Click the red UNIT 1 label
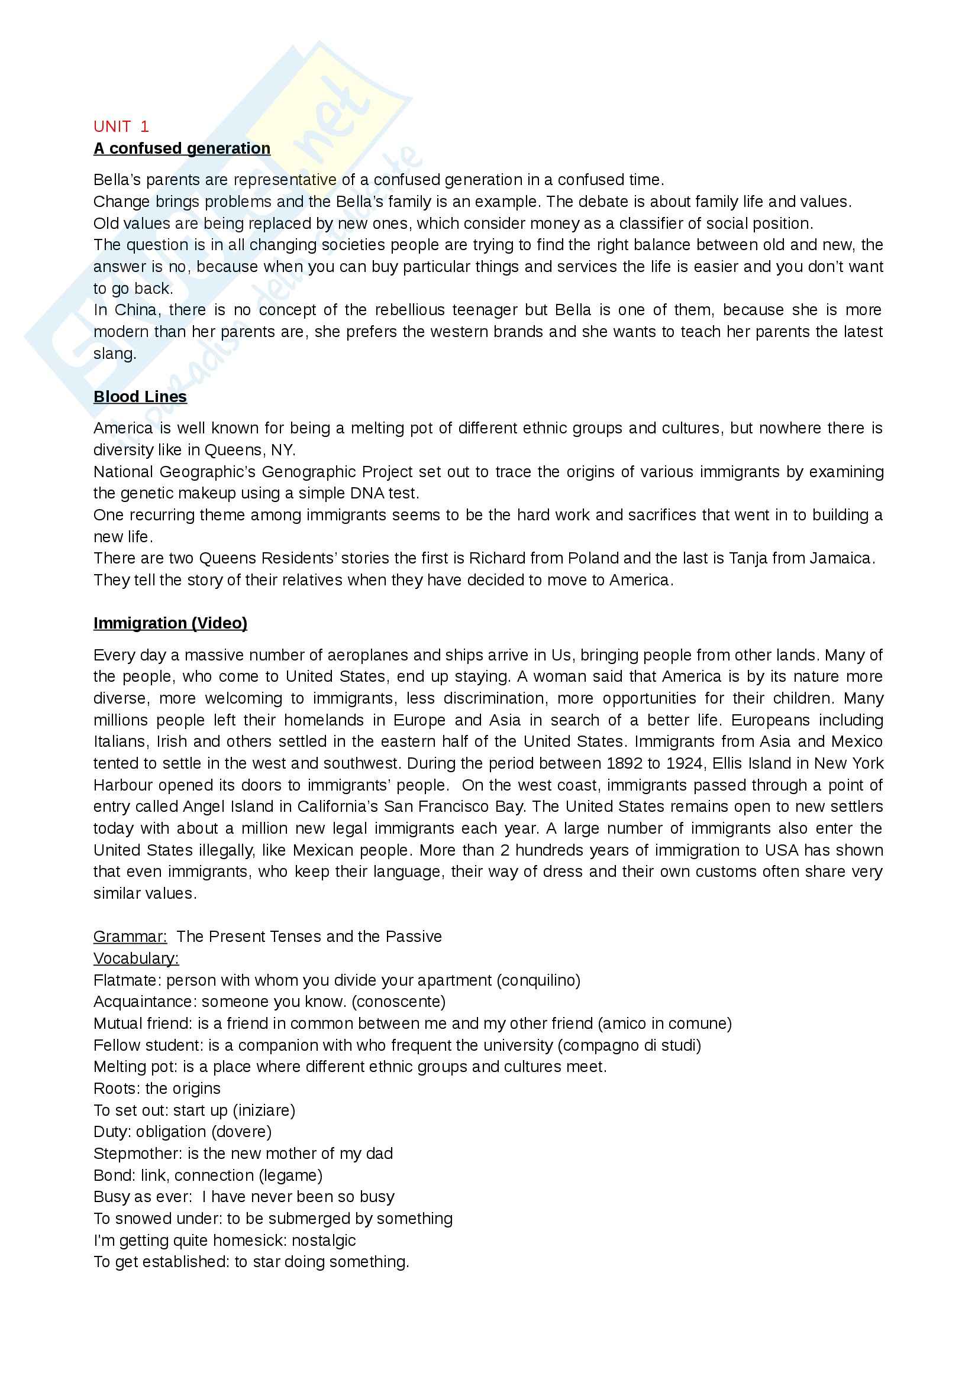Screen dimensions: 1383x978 coord(121,127)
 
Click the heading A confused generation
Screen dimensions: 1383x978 coord(182,148)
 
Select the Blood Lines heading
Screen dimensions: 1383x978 coord(140,396)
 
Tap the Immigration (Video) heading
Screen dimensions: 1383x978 coord(170,623)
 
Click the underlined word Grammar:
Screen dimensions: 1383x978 coord(130,937)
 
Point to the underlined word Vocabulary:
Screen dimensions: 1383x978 coord(136,958)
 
